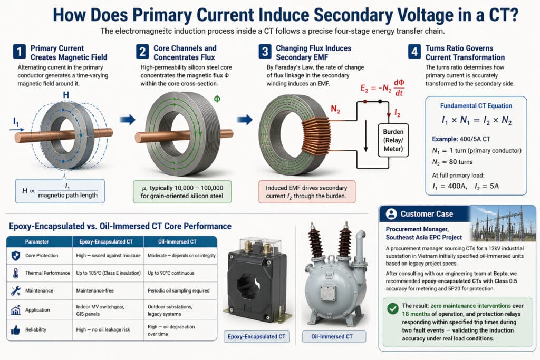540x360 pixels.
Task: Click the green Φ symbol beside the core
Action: point(217,99)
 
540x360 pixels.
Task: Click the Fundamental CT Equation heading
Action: point(475,105)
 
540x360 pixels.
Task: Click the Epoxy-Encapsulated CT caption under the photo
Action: point(256,335)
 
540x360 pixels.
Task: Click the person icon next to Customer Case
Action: point(391,214)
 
